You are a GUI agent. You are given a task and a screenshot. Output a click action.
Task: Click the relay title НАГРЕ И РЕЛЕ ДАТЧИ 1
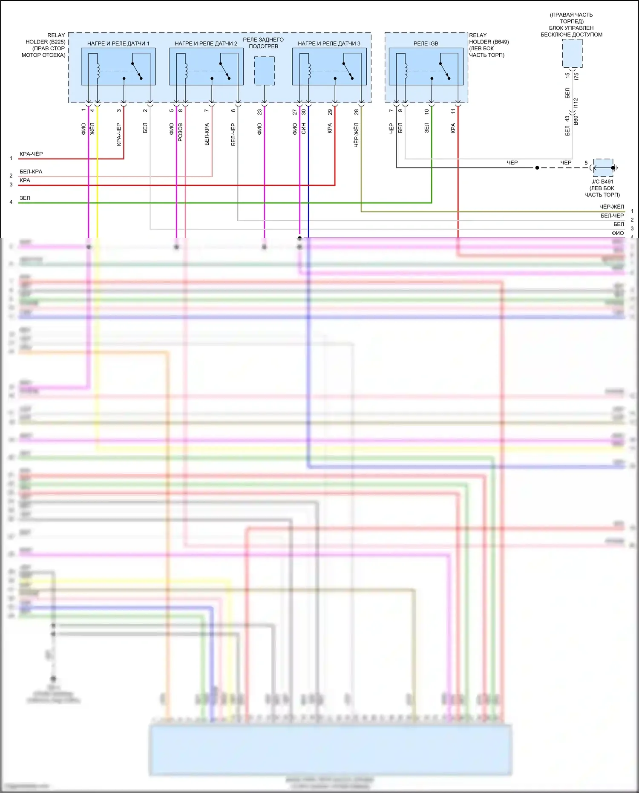[118, 43]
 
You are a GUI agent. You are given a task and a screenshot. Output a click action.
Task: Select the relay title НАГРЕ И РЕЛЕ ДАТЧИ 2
[206, 43]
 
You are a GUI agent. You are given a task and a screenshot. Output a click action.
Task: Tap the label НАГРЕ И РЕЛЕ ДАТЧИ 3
[329, 43]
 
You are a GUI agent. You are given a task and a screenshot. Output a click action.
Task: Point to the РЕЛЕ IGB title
[426, 43]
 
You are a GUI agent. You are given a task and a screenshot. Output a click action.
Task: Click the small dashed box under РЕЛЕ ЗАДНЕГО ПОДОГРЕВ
[264, 71]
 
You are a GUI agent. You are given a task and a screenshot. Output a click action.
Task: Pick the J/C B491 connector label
[602, 182]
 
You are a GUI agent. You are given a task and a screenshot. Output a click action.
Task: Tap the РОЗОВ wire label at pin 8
[180, 132]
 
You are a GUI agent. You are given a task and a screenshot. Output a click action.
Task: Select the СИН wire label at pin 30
[304, 128]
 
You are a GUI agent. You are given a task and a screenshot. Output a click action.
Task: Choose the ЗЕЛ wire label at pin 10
[427, 128]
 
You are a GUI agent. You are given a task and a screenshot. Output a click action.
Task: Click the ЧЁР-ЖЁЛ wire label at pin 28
[357, 135]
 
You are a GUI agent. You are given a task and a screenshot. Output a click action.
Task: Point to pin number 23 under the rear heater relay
[259, 112]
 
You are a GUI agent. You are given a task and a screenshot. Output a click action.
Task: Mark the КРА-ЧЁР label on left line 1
[31, 154]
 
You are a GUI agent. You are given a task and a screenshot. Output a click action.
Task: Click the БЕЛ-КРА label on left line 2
[31, 172]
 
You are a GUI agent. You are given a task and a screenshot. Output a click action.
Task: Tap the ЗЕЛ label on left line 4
[25, 198]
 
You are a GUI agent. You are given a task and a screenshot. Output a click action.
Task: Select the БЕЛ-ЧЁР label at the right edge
[612, 216]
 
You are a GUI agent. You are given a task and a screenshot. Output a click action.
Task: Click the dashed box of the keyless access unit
[572, 53]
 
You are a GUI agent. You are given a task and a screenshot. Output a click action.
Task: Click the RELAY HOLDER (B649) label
[488, 42]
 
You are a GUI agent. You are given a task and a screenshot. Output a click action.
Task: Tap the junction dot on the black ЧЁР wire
[537, 168]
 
